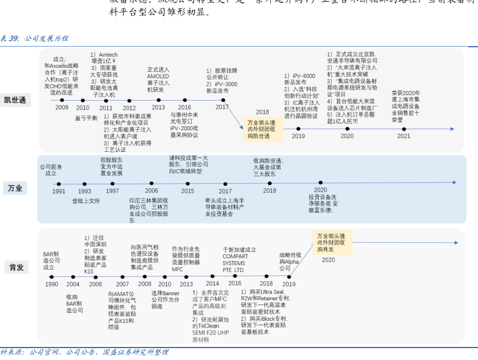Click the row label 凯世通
pos(16,100)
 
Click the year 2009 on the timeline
pos(61,107)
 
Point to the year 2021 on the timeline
pos(403,136)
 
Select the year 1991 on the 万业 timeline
pos(59,192)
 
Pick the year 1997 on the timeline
pos(112,191)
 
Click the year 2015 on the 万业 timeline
pos(187,191)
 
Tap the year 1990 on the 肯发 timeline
pos(51,284)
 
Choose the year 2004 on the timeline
pos(73,284)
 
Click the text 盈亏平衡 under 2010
pos(86,118)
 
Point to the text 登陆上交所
pos(86,201)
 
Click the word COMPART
pos(235,256)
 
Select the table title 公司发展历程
pos(46,39)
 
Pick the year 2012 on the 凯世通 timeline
pos(129,107)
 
